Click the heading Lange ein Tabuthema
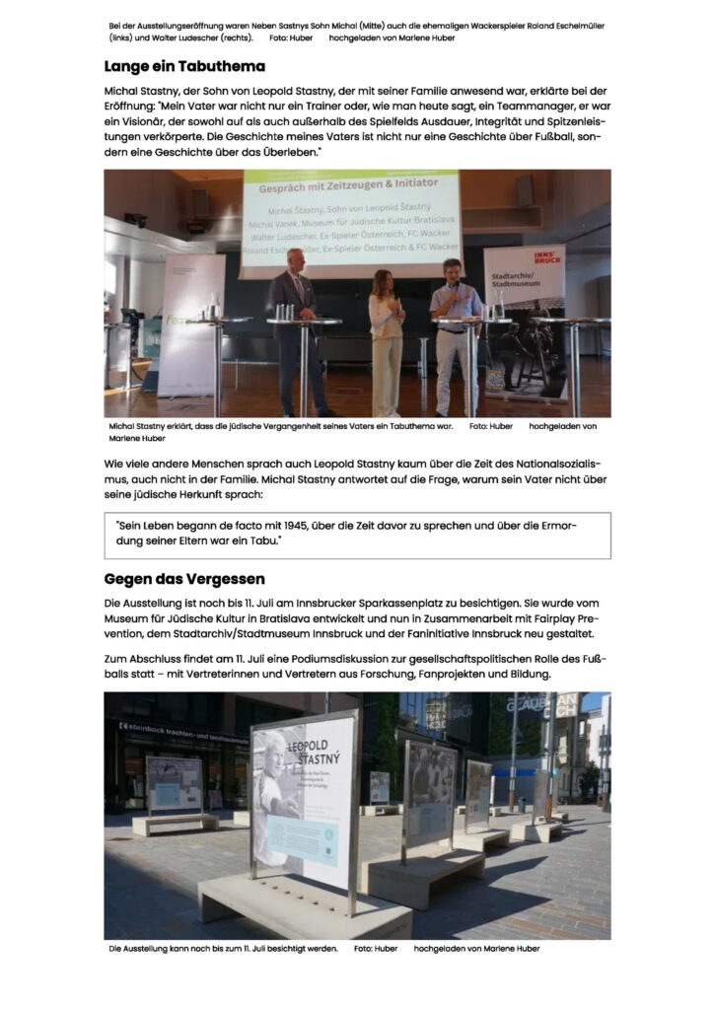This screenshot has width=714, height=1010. pos(184,67)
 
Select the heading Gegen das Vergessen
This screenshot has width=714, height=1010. pos(184,578)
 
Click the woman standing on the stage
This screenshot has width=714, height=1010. pos(386,340)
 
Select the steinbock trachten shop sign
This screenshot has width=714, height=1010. pos(183,732)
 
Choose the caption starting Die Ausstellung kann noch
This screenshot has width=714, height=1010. pos(224,949)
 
